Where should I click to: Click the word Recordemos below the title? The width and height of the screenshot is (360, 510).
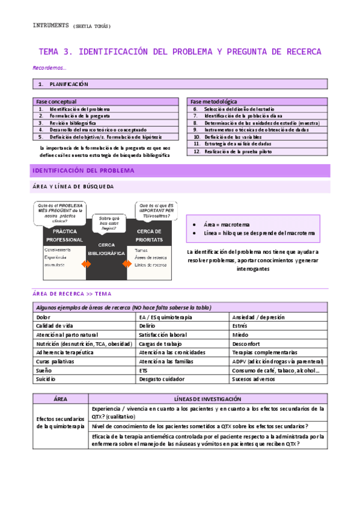click(x=49, y=68)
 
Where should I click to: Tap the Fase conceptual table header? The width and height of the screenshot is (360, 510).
click(x=56, y=102)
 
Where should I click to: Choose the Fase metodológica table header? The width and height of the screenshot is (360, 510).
click(x=214, y=102)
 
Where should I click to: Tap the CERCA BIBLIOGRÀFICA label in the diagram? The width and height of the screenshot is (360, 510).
click(x=105, y=250)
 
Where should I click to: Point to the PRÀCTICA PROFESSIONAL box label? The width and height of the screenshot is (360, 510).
click(x=64, y=235)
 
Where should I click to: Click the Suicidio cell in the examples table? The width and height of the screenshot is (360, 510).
click(x=46, y=379)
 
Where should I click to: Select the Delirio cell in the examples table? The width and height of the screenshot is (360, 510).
click(x=148, y=325)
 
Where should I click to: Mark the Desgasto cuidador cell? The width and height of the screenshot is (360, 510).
click(x=162, y=379)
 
